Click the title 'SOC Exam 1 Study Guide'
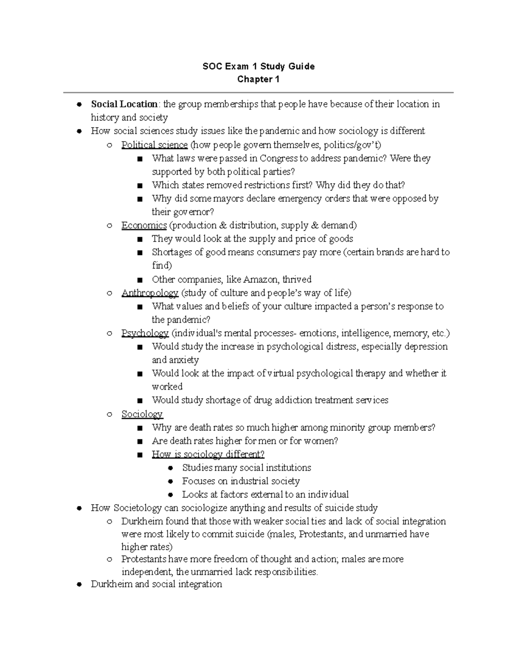258,66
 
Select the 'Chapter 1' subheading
258,79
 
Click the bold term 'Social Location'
124,104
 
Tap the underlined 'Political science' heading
154,145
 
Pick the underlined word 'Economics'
144,226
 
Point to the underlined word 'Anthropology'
149,293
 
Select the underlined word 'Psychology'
145,333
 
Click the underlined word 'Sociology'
142,415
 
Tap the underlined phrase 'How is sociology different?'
208,455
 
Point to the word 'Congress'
278,159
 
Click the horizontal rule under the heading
258,92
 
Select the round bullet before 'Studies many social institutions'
170,468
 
